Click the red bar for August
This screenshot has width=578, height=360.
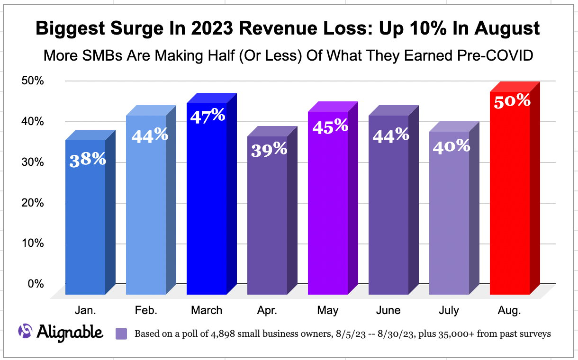510,199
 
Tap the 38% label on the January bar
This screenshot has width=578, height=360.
88,160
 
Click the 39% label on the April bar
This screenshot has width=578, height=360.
269,149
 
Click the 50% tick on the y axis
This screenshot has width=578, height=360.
33,81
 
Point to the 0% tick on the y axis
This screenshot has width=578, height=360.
36,284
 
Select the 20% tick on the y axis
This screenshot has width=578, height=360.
33,203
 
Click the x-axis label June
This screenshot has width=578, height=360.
388,310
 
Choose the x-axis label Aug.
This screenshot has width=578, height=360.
509,310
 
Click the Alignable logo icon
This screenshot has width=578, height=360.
25,332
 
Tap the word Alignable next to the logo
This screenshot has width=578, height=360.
70,332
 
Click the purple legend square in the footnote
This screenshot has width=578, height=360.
122,334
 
